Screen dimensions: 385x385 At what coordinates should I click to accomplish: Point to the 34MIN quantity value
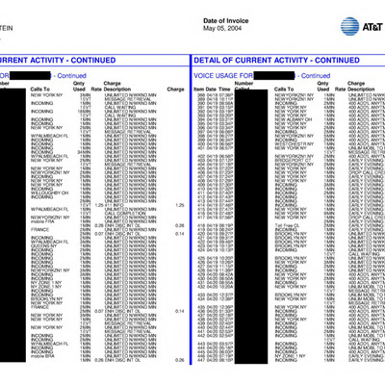click(86, 149)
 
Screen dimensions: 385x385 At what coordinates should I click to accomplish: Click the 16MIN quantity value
click(86, 111)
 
